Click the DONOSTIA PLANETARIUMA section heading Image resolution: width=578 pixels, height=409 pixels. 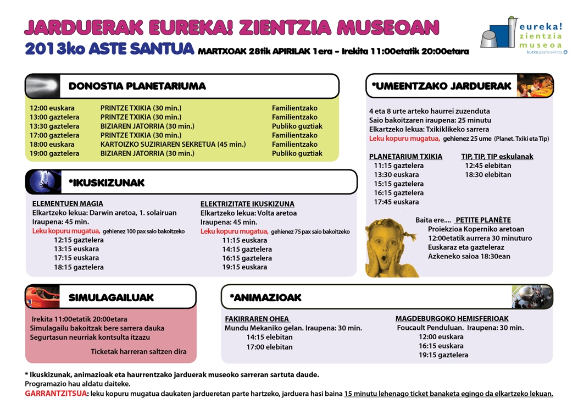click(x=137, y=86)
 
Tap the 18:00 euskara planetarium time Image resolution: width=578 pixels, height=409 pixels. click(x=52, y=144)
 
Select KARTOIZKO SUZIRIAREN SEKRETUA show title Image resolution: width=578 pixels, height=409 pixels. click(x=173, y=144)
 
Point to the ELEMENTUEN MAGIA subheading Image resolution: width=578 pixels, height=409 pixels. click(x=68, y=204)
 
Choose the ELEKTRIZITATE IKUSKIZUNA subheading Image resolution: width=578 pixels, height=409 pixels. click(x=247, y=204)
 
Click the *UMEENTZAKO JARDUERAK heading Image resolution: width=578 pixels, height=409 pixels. click(x=442, y=86)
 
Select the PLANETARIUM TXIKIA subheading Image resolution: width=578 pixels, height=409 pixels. click(x=405, y=157)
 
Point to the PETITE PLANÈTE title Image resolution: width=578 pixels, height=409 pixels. click(x=483, y=220)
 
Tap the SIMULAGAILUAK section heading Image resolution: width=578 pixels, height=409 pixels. click(x=111, y=297)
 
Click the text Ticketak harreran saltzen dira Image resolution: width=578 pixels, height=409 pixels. click(x=138, y=352)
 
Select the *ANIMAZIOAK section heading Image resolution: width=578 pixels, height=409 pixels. click(x=265, y=297)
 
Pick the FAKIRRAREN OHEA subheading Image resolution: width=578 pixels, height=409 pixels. click(x=257, y=319)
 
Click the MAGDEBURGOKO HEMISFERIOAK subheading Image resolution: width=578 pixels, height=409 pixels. click(x=452, y=319)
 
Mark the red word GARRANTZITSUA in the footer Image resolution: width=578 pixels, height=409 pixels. click(x=55, y=394)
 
